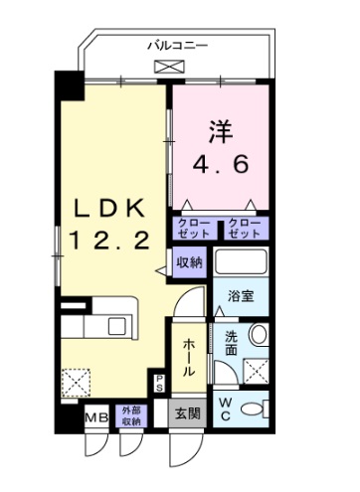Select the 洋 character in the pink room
pyautogui.click(x=220, y=130)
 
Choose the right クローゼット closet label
pyautogui.click(x=244, y=228)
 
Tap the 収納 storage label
pyautogui.click(x=190, y=262)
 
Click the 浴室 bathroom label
pyautogui.click(x=240, y=295)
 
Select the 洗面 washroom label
pyautogui.click(x=230, y=343)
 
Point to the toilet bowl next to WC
pyautogui.click(x=258, y=409)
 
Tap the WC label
pyautogui.click(x=226, y=409)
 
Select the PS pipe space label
pyautogui.click(x=159, y=381)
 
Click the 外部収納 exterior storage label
pyautogui.click(x=131, y=415)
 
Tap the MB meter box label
pyautogui.click(x=97, y=416)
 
